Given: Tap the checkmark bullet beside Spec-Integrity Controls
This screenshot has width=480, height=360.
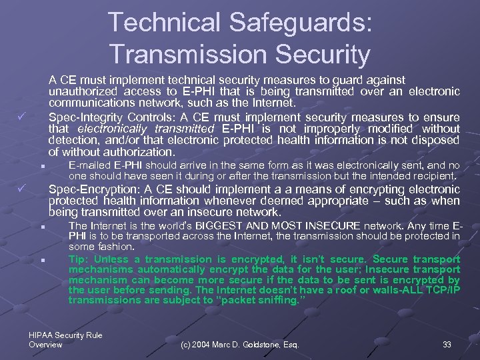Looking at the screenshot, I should tap(21, 117).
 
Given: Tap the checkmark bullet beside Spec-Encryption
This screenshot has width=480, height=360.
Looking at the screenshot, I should tap(21, 189).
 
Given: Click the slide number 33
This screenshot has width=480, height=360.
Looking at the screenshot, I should tap(447, 345).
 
